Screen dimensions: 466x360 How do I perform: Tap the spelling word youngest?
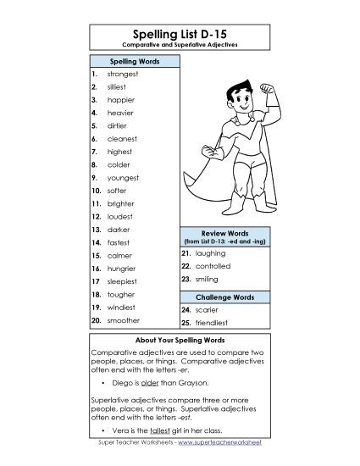pos(123,178)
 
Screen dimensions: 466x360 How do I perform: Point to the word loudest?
pos(120,217)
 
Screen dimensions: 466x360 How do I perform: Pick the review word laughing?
pos(209,252)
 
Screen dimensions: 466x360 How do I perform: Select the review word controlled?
pos(213,265)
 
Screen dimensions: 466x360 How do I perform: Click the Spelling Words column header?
pos(133,62)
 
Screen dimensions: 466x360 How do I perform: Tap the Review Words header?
pos(225,231)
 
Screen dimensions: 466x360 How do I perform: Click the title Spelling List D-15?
pos(180,30)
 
